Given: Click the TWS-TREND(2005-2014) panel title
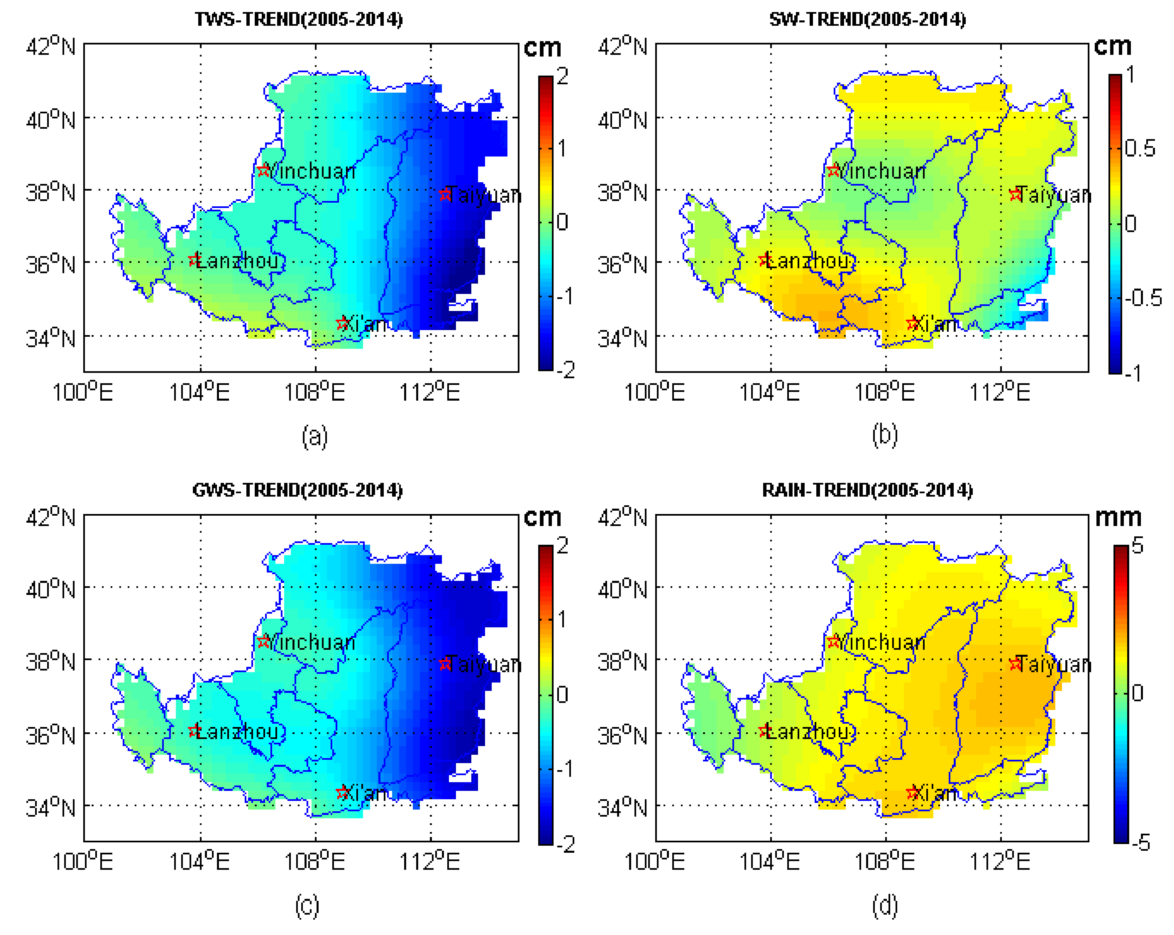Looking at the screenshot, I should [299, 20].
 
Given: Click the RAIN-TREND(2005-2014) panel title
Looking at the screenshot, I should [867, 490].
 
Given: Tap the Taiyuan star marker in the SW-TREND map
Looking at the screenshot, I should [1015, 195].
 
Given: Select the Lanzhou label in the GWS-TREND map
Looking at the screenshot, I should [238, 732].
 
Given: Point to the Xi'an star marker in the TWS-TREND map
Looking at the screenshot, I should [343, 323].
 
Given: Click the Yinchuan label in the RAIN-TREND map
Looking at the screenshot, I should [883, 642].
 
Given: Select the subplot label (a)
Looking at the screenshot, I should [315, 437].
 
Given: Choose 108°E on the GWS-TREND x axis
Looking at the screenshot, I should [315, 862].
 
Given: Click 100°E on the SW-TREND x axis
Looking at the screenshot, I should [654, 392].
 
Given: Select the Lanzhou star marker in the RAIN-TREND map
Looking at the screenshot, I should [765, 731].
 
